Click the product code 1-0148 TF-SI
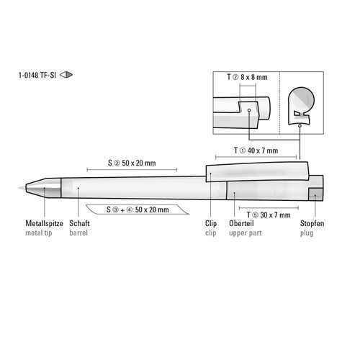tap(37, 75)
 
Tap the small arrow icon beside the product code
tap(66, 75)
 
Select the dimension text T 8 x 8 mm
tap(247, 77)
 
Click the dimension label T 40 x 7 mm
tap(256, 150)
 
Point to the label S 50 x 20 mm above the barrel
tap(132, 163)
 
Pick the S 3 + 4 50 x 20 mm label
tap(138, 210)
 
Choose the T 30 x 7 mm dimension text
tap(269, 215)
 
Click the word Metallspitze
tap(44, 223)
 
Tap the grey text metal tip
tap(39, 233)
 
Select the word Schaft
tap(79, 223)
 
